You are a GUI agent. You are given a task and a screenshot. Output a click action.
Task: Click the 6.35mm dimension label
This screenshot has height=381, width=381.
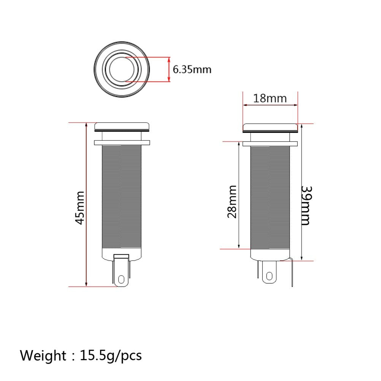point(192,70)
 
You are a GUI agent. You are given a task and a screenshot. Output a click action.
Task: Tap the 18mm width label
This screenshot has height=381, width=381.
point(270,98)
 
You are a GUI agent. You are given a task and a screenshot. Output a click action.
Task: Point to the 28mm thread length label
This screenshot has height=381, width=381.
point(232,202)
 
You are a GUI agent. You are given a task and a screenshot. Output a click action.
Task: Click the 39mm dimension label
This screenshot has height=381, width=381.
point(306,205)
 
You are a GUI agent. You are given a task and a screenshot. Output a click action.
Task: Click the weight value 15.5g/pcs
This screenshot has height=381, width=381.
point(111,356)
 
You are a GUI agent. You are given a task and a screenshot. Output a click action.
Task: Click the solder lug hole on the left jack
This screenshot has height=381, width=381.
point(122,280)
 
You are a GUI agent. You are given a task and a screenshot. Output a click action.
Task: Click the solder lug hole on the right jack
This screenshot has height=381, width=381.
point(270,276)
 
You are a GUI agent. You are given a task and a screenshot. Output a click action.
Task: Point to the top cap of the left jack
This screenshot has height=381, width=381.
point(122,126)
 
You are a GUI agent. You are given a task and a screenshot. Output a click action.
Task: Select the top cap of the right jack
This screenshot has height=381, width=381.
point(270,127)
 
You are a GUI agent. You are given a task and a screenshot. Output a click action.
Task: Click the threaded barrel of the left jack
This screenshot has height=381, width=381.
point(122,198)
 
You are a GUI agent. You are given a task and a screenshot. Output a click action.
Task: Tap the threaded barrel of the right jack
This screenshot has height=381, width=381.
point(270,198)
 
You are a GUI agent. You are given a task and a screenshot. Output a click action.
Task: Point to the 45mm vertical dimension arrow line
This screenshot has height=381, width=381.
point(87,171)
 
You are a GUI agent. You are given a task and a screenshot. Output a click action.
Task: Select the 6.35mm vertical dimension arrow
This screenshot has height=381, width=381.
point(169,69)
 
